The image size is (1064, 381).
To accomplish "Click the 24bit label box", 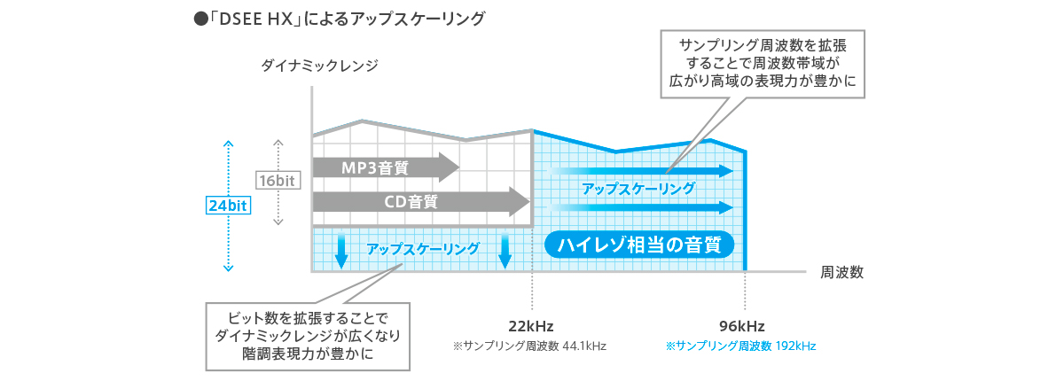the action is pyautogui.click(x=228, y=206).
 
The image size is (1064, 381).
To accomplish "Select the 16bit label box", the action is pyautogui.click(x=278, y=180).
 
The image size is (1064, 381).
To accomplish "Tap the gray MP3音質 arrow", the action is pyautogui.click(x=386, y=167).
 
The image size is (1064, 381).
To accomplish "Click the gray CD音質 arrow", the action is pyautogui.click(x=421, y=202).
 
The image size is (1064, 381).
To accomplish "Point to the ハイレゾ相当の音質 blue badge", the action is pyautogui.click(x=639, y=245).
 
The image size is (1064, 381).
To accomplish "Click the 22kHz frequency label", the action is pyautogui.click(x=530, y=326).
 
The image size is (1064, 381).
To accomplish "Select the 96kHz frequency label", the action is pyautogui.click(x=741, y=326).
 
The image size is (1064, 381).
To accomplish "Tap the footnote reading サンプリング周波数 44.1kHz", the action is pyautogui.click(x=529, y=346).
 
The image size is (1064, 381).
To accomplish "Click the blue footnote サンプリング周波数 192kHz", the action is pyautogui.click(x=741, y=346).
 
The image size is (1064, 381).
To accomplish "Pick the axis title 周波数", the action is pyautogui.click(x=841, y=272).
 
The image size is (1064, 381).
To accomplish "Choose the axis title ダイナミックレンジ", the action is pyautogui.click(x=320, y=65).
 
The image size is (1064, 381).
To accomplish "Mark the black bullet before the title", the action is pyautogui.click(x=201, y=19).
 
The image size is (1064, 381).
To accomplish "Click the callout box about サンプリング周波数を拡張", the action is pyautogui.click(x=763, y=64).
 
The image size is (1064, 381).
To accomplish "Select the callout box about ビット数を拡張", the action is pyautogui.click(x=308, y=337).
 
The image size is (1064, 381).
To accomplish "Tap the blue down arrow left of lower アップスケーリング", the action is pyautogui.click(x=341, y=251).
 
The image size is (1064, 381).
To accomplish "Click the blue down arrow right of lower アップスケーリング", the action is pyautogui.click(x=505, y=251).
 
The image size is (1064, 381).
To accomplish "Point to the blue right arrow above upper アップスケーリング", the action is pyautogui.click(x=641, y=171).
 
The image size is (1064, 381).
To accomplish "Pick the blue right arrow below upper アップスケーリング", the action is pyautogui.click(x=641, y=207).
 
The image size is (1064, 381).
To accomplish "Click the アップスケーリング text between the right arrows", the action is pyautogui.click(x=638, y=189).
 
